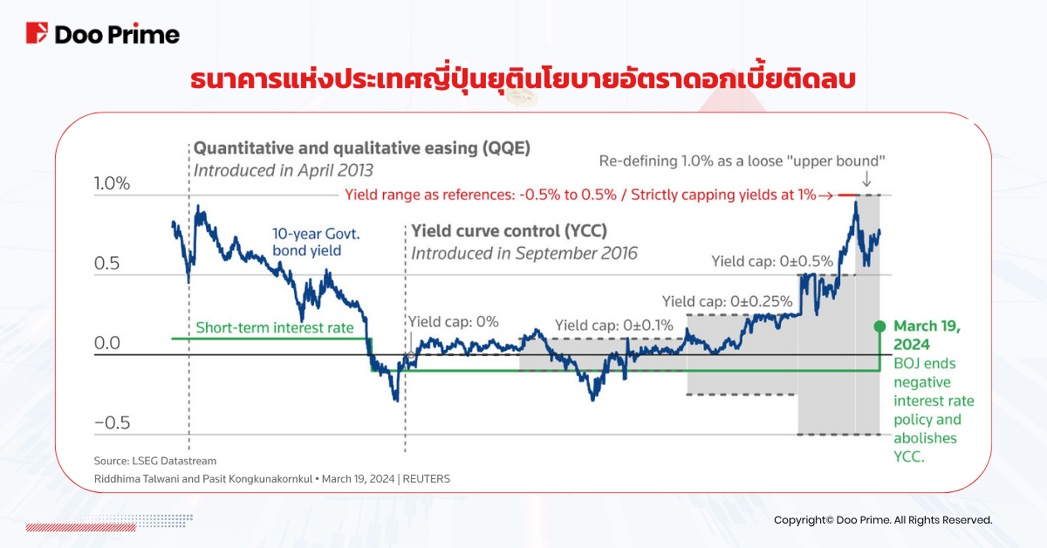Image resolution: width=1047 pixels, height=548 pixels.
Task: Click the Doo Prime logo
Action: click(103, 34)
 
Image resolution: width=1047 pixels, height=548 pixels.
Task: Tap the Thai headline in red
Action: click(523, 80)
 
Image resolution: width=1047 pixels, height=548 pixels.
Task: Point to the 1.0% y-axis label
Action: click(112, 184)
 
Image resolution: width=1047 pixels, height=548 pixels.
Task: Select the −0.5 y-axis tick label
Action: click(112, 423)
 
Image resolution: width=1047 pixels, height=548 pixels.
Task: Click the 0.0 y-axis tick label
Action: click(107, 344)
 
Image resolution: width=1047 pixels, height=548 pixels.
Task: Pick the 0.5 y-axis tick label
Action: click(107, 264)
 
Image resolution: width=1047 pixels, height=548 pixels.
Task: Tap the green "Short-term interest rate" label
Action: click(275, 327)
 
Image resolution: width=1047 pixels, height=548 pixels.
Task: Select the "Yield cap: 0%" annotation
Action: click(453, 321)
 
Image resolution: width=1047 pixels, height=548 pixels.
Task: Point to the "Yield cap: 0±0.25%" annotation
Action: click(727, 301)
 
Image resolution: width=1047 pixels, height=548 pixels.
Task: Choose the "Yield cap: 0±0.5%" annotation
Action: click(772, 260)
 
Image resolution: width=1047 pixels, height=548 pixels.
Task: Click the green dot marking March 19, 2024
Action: click(879, 325)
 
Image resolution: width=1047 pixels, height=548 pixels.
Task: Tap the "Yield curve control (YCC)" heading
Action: click(509, 231)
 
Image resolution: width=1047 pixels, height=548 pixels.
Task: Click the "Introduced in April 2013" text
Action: click(283, 169)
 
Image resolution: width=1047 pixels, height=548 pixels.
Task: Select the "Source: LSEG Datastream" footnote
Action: click(155, 460)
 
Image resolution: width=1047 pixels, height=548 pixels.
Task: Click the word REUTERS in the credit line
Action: click(426, 479)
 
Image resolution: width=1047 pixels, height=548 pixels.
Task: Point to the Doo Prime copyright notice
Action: click(883, 520)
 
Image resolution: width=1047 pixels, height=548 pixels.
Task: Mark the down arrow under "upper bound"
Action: click(866, 180)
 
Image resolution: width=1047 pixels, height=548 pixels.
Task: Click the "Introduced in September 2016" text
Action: click(524, 253)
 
